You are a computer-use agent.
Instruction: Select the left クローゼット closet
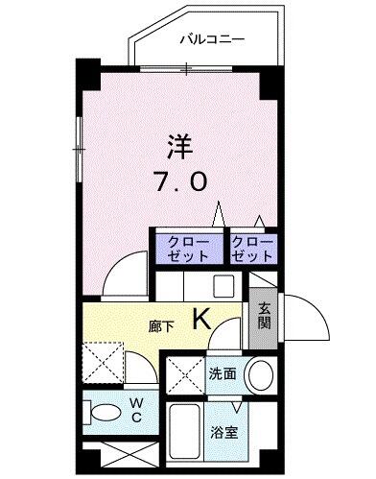(x=187, y=250)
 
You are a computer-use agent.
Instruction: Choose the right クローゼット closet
(x=252, y=250)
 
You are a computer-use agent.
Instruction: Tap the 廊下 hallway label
(x=161, y=326)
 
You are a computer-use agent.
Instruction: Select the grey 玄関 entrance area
(x=264, y=317)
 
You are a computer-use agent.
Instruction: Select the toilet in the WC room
(x=101, y=414)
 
